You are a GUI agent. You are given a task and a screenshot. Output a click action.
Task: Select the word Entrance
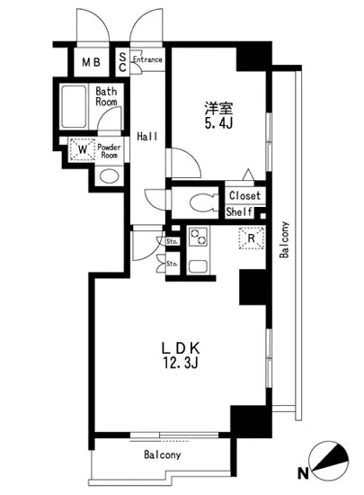pyautogui.click(x=147, y=59)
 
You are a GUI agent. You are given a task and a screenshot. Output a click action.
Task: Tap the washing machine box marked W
pyautogui.click(x=82, y=149)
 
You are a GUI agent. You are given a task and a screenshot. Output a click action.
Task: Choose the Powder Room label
pyautogui.click(x=110, y=150)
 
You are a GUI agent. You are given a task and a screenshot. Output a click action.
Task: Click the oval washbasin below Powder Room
pyautogui.click(x=109, y=175)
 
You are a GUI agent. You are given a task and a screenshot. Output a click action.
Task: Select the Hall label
pyautogui.click(x=147, y=136)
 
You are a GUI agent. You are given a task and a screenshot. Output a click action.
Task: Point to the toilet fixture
pyautogui.click(x=198, y=202)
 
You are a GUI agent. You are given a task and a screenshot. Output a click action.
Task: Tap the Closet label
pyautogui.click(x=244, y=196)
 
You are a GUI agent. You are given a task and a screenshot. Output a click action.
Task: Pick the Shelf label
pyautogui.click(x=239, y=212)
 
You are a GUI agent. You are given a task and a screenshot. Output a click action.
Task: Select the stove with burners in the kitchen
pyautogui.click(x=197, y=238)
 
